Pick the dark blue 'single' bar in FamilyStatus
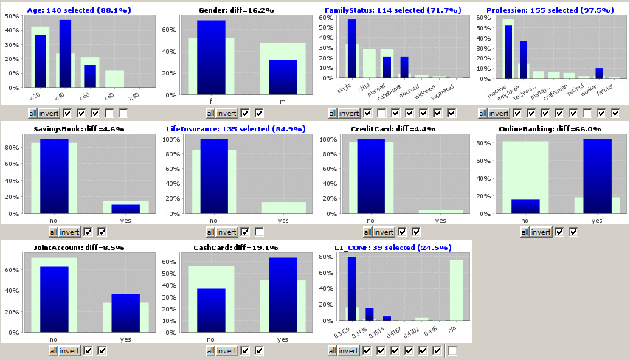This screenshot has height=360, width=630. (352, 49)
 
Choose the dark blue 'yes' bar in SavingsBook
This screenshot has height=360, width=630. (125, 209)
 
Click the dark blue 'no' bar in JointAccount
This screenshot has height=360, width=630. (54, 300)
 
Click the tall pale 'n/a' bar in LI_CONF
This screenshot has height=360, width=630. (457, 295)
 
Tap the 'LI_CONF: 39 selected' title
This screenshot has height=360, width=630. (388, 247)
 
